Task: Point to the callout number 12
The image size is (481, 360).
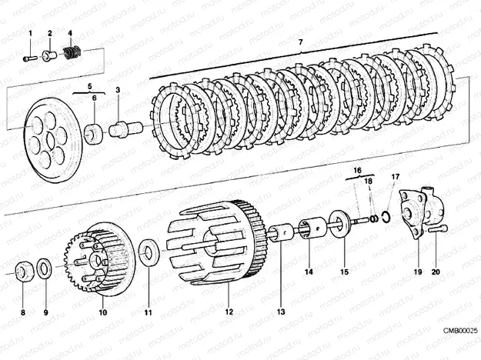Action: [x=228, y=312]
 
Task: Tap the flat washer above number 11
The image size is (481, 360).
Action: [x=149, y=250]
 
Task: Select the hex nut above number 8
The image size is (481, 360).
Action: [x=24, y=270]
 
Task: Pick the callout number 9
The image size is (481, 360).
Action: [x=45, y=312]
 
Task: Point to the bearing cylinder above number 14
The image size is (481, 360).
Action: [x=314, y=228]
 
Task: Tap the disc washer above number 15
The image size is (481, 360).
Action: [x=338, y=224]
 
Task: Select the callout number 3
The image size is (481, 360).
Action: [x=118, y=91]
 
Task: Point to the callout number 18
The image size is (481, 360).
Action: [x=367, y=181]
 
